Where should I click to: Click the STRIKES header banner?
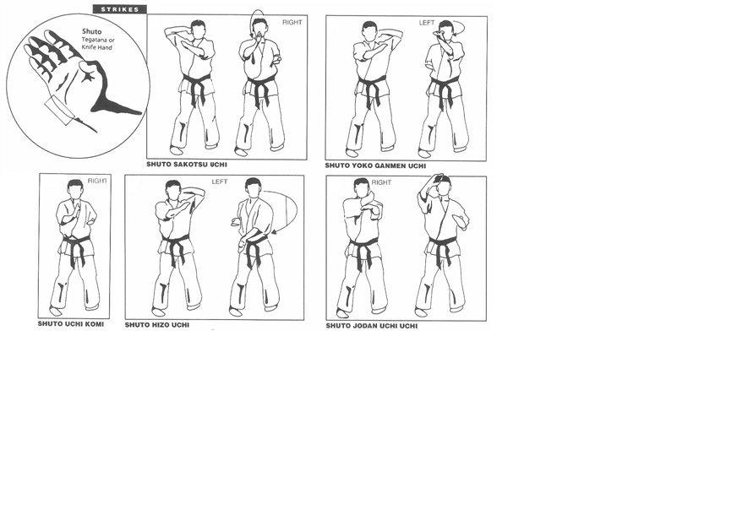tap(120, 9)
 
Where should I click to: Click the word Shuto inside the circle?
tap(91, 31)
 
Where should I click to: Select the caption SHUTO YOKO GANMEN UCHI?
tap(375, 165)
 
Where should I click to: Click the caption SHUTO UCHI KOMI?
tap(71, 324)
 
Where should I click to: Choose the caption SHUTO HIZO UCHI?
tap(157, 325)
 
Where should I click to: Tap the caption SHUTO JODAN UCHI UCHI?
tap(372, 326)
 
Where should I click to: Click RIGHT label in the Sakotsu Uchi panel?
tap(292, 22)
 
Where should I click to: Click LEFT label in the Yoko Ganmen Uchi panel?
tap(427, 23)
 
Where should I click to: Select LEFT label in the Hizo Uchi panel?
tap(220, 182)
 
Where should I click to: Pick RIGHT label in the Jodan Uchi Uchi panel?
tap(381, 182)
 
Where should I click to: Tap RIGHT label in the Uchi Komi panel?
tap(97, 181)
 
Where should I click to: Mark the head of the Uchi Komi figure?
tap(75, 187)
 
